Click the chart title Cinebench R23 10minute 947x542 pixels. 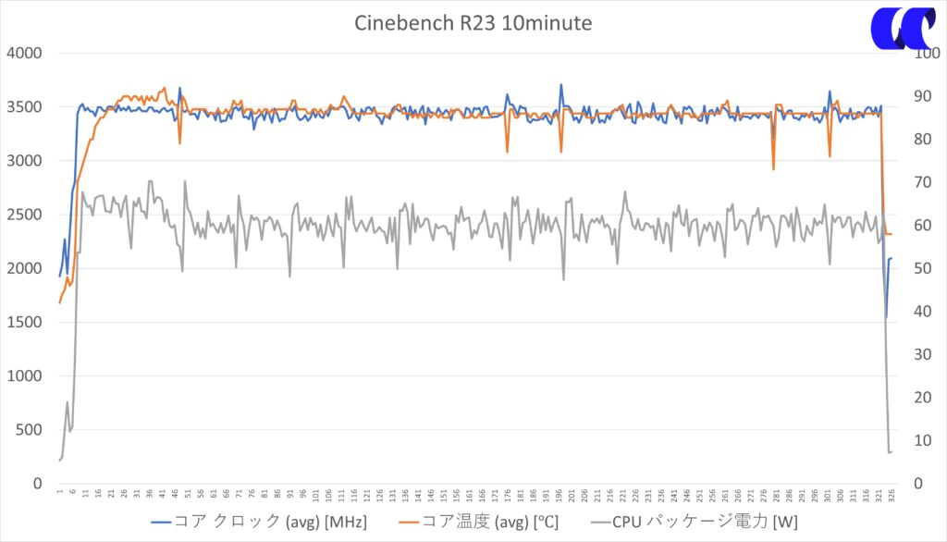click(473, 23)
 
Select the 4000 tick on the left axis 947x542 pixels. click(24, 53)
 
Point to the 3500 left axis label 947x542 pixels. click(24, 106)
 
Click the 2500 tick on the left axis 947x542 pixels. click(24, 215)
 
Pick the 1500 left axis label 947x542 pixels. click(24, 322)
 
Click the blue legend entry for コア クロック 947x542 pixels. click(259, 522)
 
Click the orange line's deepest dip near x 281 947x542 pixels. click(773, 169)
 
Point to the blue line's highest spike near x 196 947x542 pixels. click(561, 85)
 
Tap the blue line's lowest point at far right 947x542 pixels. click(886, 317)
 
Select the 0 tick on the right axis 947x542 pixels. click(918, 484)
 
